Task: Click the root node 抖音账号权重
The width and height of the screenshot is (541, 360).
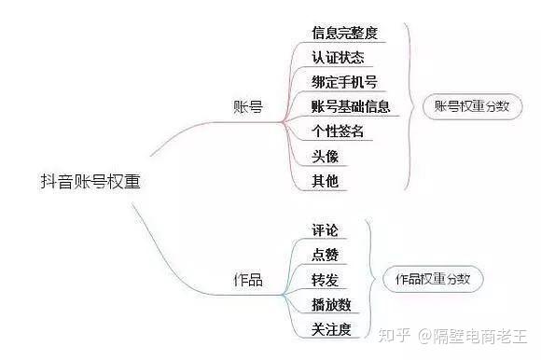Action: (x=90, y=181)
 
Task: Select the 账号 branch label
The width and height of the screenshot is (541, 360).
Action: (x=247, y=106)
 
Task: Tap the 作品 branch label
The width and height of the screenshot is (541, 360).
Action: (x=247, y=280)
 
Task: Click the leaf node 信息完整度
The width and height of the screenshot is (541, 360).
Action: (x=344, y=33)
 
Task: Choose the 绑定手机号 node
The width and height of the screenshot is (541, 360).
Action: (x=344, y=82)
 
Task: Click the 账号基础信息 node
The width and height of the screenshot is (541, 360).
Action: (x=351, y=106)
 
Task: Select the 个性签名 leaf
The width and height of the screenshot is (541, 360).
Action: (x=338, y=132)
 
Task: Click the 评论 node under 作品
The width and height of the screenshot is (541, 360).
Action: (x=325, y=229)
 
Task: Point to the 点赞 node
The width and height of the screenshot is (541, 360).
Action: (x=325, y=254)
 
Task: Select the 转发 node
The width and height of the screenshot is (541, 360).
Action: (x=325, y=279)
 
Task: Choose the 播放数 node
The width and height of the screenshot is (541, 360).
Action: (x=331, y=304)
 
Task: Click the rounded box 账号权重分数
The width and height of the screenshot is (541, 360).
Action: (x=471, y=106)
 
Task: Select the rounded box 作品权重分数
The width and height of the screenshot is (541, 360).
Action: (x=432, y=279)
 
